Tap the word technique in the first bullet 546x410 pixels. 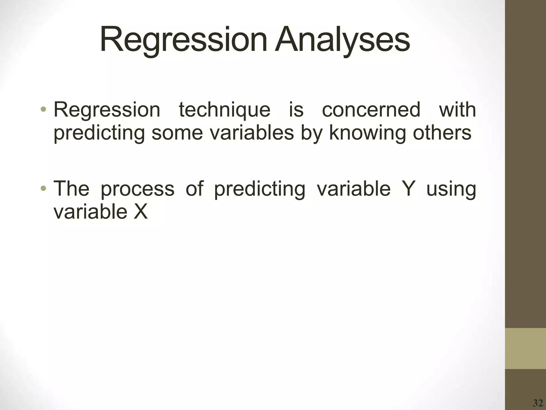click(224, 110)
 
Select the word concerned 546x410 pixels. click(371, 110)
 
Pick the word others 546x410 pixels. click(442, 133)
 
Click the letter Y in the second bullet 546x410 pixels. click(408, 188)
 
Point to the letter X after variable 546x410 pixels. click(140, 212)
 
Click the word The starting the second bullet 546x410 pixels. click(71, 188)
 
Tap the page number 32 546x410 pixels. click(537, 403)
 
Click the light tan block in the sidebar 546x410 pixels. click(525, 348)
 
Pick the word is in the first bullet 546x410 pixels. click(296, 110)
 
